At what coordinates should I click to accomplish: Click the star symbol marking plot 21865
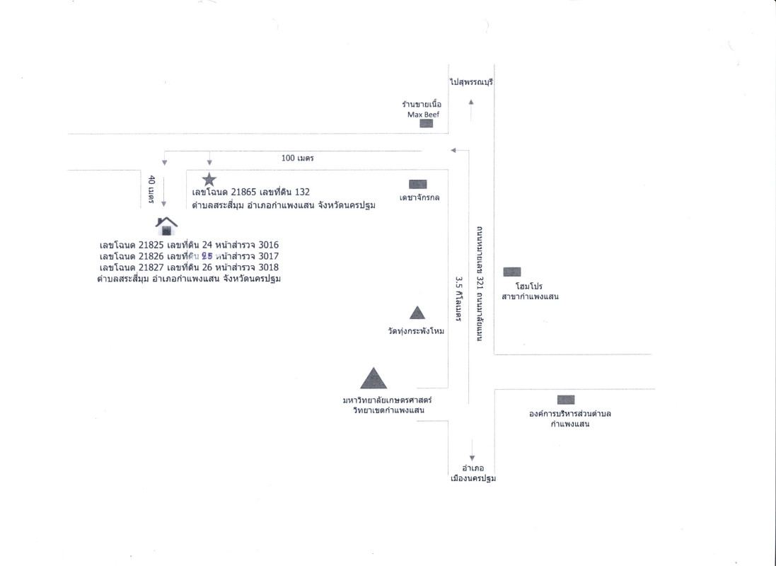point(209,179)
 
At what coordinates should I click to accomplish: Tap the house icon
point(166,226)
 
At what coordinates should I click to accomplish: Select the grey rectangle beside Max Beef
point(427,124)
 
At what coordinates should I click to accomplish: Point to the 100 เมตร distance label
point(297,158)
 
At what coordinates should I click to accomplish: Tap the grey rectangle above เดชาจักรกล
point(418,184)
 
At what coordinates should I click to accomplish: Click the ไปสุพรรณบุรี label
point(470,83)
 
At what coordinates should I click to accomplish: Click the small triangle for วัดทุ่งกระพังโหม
point(417,312)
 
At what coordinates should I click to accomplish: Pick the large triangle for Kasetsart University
point(373,379)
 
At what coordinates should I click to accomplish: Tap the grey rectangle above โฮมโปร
point(511,272)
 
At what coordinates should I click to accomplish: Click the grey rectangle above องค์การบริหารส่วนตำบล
point(565,400)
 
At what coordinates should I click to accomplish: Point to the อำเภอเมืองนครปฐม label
point(473,473)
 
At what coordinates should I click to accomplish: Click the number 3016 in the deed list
point(269,245)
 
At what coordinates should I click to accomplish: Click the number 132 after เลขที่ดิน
point(302,192)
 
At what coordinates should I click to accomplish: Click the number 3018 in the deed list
point(269,267)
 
